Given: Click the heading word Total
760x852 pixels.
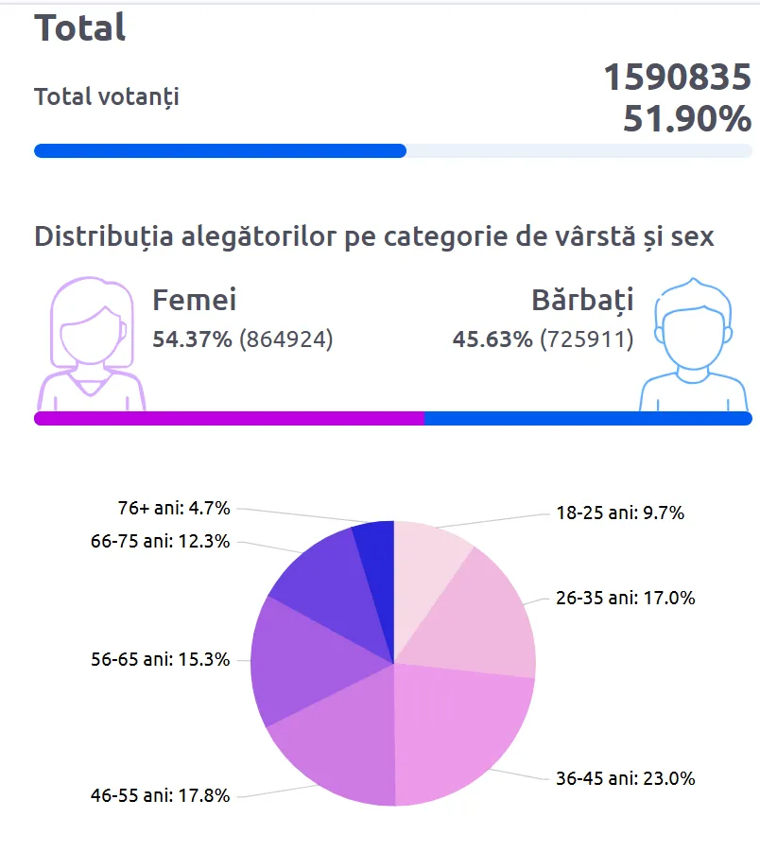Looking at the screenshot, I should [80, 27].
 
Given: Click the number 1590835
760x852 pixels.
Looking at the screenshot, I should [677, 78].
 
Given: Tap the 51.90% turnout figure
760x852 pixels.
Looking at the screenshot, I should [686, 120].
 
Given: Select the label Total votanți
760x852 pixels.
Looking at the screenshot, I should [107, 96].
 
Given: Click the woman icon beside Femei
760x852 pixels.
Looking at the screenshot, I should [91, 345].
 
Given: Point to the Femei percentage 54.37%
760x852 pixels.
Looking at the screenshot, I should [192, 339].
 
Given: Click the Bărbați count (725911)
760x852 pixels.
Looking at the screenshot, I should [586, 339].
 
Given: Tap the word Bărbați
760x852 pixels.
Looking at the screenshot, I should [582, 301].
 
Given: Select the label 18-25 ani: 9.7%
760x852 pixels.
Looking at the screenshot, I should [620, 513].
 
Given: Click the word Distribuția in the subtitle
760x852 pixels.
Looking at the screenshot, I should [105, 236].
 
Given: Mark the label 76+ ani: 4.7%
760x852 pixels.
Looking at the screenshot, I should [170, 508].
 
